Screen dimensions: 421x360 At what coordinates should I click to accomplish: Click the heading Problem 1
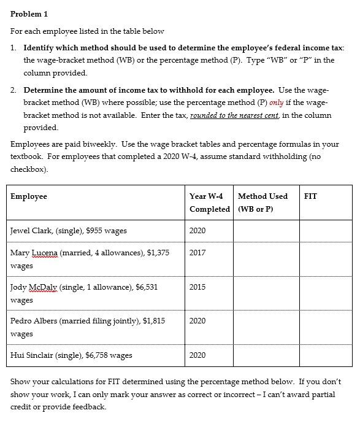(x=29, y=14)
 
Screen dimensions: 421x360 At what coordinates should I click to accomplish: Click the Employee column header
(x=29, y=196)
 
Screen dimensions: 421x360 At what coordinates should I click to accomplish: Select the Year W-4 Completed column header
(x=206, y=203)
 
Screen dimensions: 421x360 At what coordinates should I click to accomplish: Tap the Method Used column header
(x=262, y=203)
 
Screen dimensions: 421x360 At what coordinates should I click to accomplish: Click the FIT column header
(x=310, y=196)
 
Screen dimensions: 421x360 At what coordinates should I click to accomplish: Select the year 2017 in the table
(x=197, y=252)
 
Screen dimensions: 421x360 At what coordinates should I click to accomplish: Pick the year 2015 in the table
(x=197, y=287)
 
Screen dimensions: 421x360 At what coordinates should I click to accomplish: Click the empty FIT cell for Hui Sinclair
(x=325, y=355)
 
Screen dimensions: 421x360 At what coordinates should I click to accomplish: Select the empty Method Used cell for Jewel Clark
(x=266, y=231)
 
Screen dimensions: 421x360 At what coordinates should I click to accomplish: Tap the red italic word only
(x=277, y=102)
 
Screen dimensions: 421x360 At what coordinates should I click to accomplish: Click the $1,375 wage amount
(x=157, y=252)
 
